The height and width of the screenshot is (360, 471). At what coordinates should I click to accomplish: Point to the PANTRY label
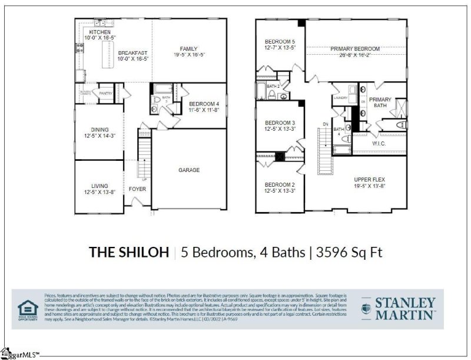click(105, 93)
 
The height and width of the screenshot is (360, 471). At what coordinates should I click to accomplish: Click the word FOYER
click(138, 189)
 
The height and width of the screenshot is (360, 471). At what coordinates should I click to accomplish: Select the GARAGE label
click(189, 170)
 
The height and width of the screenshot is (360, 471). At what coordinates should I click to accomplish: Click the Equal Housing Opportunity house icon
click(26, 308)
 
